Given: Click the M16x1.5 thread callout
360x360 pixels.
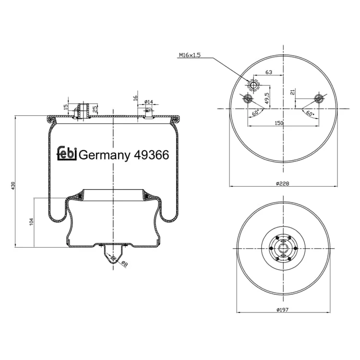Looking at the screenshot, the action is [190, 55].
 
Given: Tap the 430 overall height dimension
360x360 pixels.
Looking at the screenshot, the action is [13, 185].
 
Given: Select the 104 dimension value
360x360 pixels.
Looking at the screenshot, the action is [32, 222].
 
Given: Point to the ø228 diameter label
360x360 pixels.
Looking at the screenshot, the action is [282, 183].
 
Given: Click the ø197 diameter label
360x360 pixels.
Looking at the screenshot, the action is [282, 310].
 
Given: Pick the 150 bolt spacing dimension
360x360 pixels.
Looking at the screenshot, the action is [279, 123].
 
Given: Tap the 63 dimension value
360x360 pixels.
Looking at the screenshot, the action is [269, 72].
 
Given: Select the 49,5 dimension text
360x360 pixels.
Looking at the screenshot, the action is [267, 98].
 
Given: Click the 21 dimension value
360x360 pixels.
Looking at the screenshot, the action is [292, 92].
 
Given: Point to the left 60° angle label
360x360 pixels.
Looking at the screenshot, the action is [255, 113].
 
